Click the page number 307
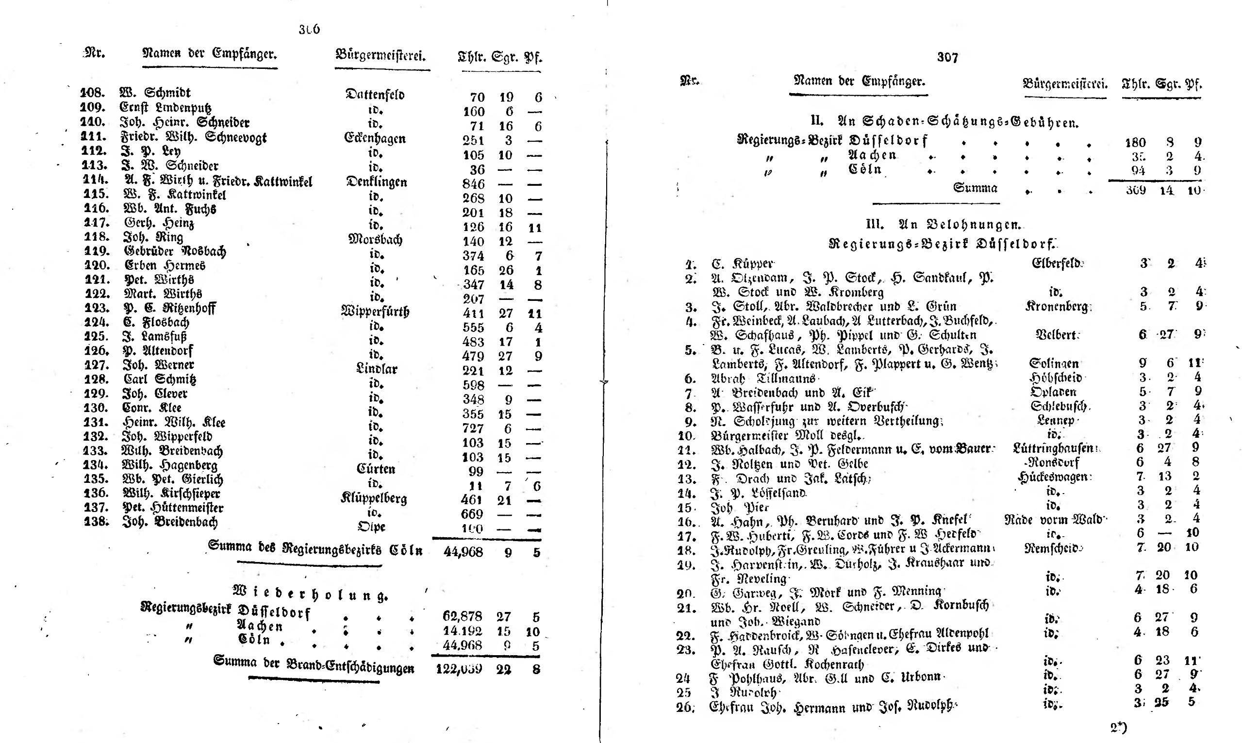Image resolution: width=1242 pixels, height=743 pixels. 947,58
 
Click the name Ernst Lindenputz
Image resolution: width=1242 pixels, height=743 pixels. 165,108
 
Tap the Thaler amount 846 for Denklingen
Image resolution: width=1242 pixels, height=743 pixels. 474,184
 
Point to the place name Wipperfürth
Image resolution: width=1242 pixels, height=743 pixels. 375,312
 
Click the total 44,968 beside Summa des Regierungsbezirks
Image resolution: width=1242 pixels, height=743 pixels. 463,552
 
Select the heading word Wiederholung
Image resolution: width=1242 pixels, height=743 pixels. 310,595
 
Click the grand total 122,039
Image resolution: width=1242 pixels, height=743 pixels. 459,669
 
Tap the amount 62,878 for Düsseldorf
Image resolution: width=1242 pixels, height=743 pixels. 463,616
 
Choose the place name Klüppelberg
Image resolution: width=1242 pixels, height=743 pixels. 374,498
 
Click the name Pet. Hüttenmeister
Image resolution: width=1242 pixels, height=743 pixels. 173,508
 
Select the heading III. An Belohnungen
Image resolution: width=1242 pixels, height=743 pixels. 943,224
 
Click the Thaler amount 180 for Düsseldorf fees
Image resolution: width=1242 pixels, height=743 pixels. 1135,143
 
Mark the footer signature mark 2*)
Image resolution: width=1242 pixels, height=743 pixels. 1118,726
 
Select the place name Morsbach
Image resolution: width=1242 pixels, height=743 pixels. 375,239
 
